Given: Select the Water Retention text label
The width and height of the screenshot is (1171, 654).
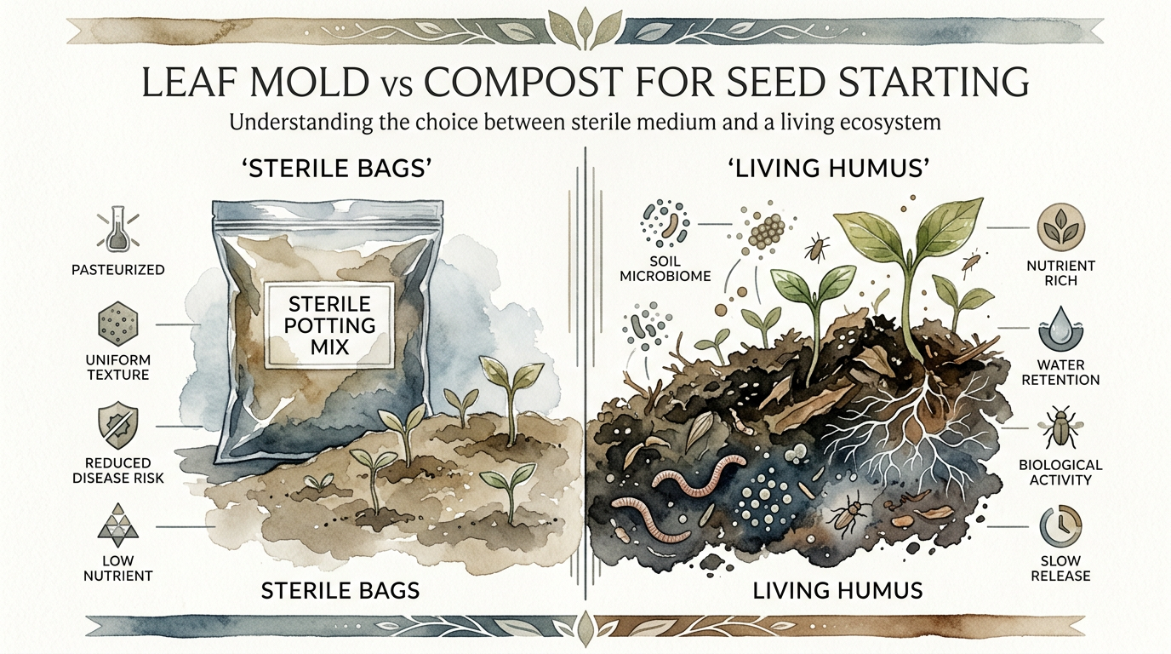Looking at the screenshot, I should point(1060,372).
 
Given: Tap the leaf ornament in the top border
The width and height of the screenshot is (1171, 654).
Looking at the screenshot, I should point(585,27).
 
